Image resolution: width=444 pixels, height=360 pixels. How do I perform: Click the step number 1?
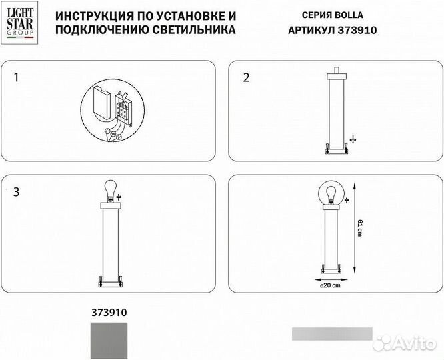pos(17,78)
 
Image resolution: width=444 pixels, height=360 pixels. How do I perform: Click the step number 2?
pos(246,78)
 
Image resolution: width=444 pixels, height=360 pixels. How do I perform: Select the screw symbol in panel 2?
pos(353,139)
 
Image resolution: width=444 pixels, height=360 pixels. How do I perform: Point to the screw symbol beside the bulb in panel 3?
pos(120,198)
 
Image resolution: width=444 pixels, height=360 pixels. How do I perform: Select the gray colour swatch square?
pos(108,337)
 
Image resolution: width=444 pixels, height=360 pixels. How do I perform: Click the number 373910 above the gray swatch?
pos(108,311)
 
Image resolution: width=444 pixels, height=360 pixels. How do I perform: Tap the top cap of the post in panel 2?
pos(337,72)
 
